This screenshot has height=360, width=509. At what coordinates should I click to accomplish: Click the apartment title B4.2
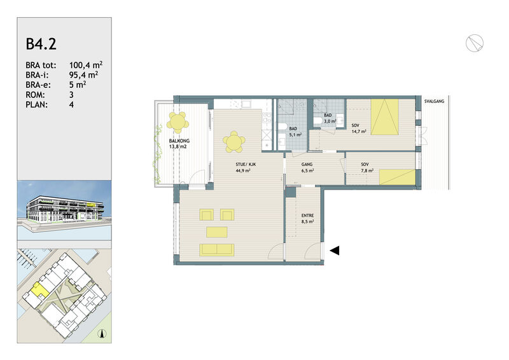[41, 44]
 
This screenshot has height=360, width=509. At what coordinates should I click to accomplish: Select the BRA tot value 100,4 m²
[86, 65]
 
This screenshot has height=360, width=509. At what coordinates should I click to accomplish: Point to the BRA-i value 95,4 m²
[84, 75]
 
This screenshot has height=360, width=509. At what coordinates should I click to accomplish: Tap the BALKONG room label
[179, 141]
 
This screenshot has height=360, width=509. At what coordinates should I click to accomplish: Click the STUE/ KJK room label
[246, 164]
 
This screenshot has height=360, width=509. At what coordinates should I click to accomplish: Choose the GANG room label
[307, 164]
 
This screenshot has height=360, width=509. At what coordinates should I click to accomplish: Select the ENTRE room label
[307, 216]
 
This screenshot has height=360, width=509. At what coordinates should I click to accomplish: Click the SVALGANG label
[434, 101]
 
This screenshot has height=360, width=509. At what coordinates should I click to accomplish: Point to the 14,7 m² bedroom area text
[359, 132]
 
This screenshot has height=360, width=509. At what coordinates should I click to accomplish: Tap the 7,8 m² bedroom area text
[367, 170]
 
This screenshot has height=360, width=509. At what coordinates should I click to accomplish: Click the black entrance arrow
[335, 251]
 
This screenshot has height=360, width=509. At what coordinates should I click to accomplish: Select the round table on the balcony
[178, 122]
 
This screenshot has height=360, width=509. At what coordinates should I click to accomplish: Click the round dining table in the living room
[234, 142]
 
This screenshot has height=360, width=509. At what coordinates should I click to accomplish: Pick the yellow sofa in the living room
[217, 249]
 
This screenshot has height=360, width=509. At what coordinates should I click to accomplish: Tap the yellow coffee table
[216, 232]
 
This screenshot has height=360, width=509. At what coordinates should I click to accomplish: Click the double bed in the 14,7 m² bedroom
[385, 117]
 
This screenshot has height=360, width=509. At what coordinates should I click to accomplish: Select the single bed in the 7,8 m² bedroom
[397, 177]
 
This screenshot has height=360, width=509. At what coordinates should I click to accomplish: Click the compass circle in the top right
[474, 43]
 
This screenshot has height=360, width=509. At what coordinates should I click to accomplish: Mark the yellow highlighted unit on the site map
[39, 290]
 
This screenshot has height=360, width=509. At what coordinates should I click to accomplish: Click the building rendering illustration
[64, 211]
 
